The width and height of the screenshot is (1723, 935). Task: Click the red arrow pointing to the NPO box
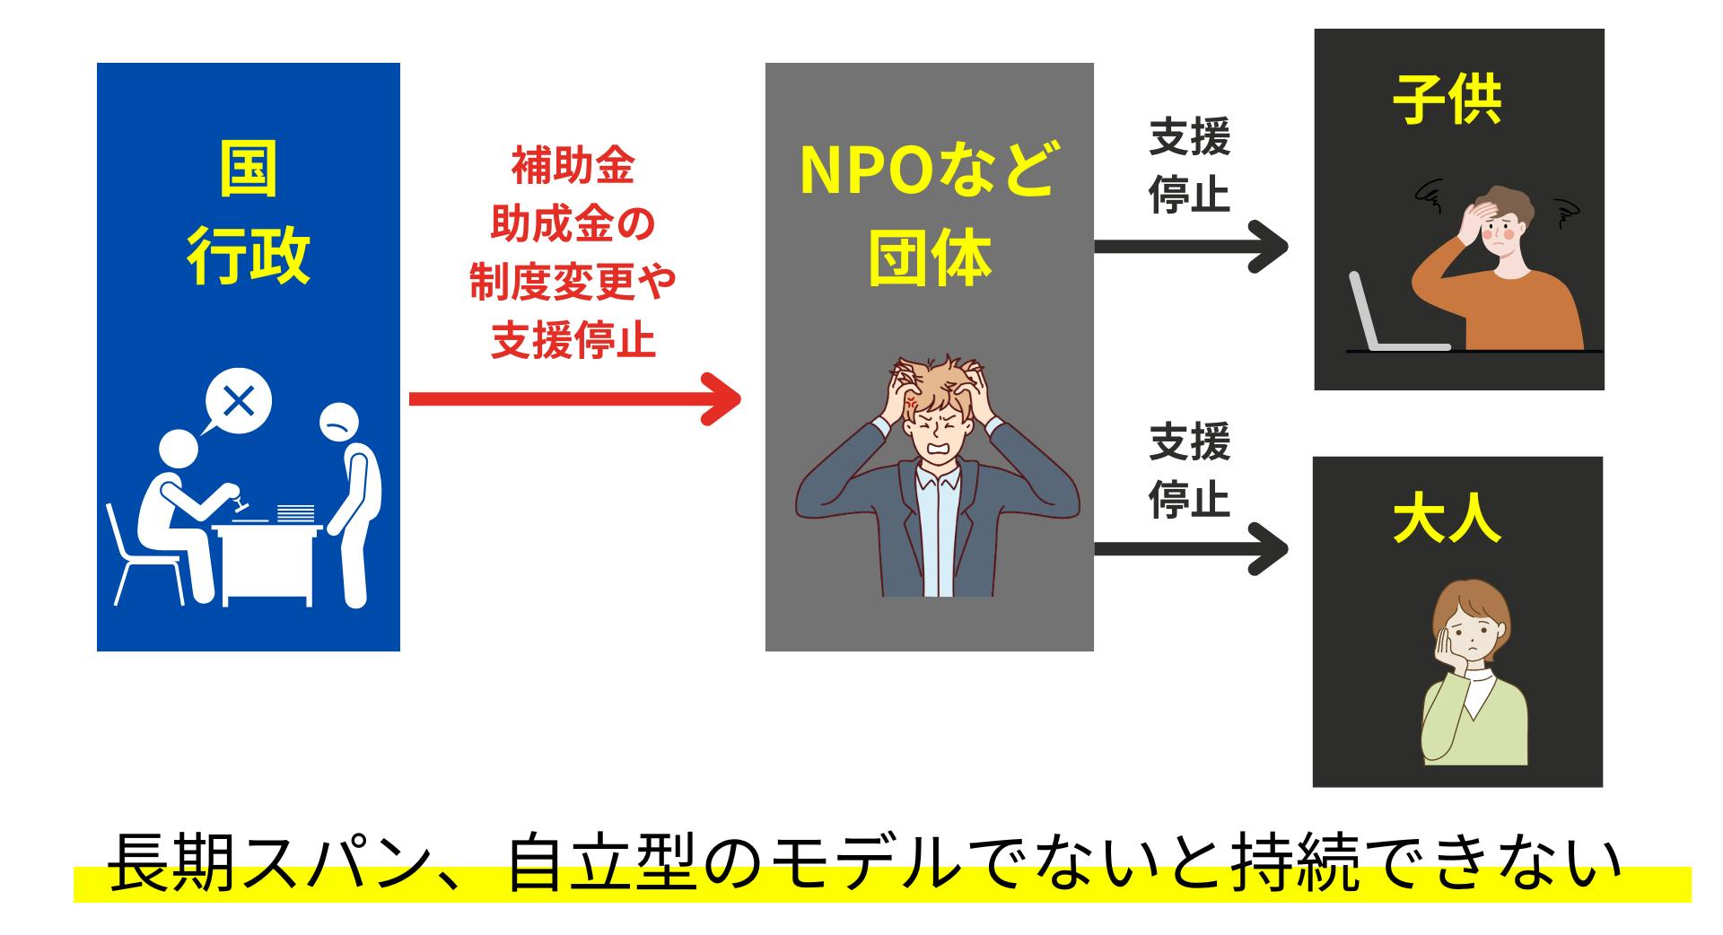click(x=574, y=398)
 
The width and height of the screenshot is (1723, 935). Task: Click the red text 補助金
click(x=573, y=167)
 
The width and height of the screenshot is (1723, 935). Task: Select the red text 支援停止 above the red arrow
click(x=573, y=341)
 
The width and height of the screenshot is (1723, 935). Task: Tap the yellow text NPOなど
click(x=928, y=170)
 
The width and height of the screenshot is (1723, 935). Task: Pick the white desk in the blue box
click(x=267, y=562)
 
